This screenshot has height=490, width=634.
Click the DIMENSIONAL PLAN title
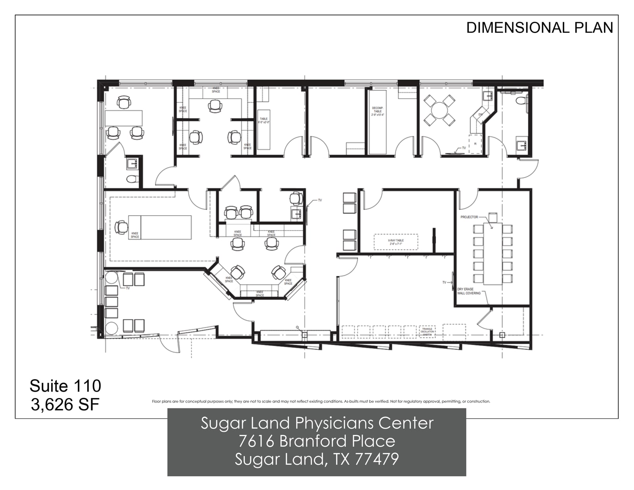(539, 28)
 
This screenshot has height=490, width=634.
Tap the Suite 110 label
(65, 386)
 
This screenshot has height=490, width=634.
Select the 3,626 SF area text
(65, 404)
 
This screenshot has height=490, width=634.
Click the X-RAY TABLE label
(395, 242)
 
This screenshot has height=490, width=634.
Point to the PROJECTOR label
(469, 217)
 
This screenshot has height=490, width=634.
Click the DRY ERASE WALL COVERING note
(468, 291)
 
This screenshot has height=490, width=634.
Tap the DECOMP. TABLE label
(377, 111)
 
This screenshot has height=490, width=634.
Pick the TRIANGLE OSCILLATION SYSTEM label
(428, 332)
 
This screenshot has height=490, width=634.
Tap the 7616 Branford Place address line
(317, 441)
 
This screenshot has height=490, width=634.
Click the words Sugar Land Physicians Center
(317, 423)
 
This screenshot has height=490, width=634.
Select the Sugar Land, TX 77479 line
(317, 459)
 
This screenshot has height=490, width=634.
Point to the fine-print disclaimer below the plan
(321, 402)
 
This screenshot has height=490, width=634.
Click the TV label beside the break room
(464, 148)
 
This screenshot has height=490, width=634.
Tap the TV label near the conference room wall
(444, 282)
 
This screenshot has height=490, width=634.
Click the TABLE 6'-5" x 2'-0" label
(264, 121)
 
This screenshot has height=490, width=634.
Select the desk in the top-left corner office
(123, 118)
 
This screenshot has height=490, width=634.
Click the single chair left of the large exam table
(120, 228)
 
